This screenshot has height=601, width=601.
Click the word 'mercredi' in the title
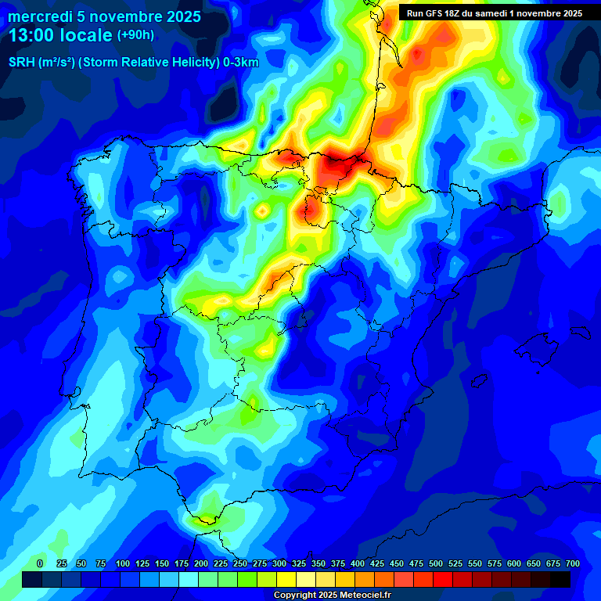(x=40, y=16)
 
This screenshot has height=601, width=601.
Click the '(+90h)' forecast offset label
(x=135, y=35)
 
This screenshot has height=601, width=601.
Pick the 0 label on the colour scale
(x=40, y=563)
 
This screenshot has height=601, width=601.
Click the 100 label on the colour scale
(x=123, y=563)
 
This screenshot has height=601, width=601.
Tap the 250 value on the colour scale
(x=240, y=563)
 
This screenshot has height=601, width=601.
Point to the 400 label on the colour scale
(x=358, y=563)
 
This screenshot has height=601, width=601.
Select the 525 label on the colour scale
(x=455, y=563)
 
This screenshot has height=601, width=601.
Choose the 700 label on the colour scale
(x=573, y=563)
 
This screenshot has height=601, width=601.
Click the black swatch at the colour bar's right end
(x=560, y=580)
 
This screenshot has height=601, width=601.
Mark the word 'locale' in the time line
(x=87, y=35)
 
